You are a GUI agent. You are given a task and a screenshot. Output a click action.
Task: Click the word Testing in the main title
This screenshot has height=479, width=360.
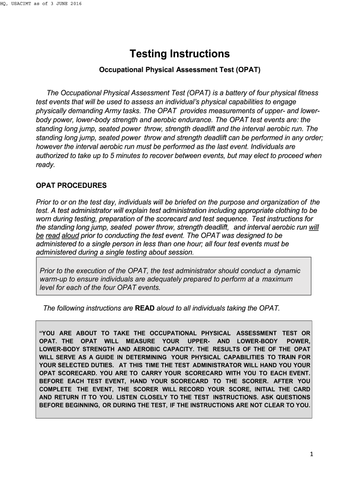[x=148, y=54]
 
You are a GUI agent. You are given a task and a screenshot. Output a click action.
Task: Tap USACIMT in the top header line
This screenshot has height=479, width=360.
[x=29, y=4]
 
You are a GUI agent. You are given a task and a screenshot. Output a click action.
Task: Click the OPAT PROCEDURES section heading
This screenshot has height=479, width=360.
[x=71, y=186]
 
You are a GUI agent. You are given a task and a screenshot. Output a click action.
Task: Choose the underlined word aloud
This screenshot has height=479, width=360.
[x=70, y=235]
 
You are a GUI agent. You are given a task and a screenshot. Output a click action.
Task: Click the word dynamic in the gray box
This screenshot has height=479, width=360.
[x=287, y=271]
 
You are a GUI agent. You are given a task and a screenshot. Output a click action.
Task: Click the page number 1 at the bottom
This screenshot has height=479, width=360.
[x=311, y=455]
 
